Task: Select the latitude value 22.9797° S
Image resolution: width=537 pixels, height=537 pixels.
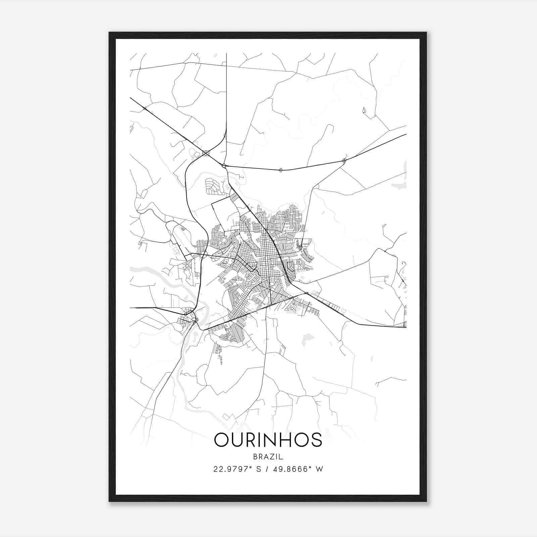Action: coord(237,469)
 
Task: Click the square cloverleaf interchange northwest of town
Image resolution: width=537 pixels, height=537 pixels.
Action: coord(206,153)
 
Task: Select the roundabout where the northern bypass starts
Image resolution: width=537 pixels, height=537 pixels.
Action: coord(224,165)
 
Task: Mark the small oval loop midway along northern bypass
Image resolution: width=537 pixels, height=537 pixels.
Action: coord(281,170)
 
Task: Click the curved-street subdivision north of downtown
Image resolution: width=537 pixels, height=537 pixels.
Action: coord(214,187)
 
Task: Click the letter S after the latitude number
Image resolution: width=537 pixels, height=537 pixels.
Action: coord(258,469)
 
